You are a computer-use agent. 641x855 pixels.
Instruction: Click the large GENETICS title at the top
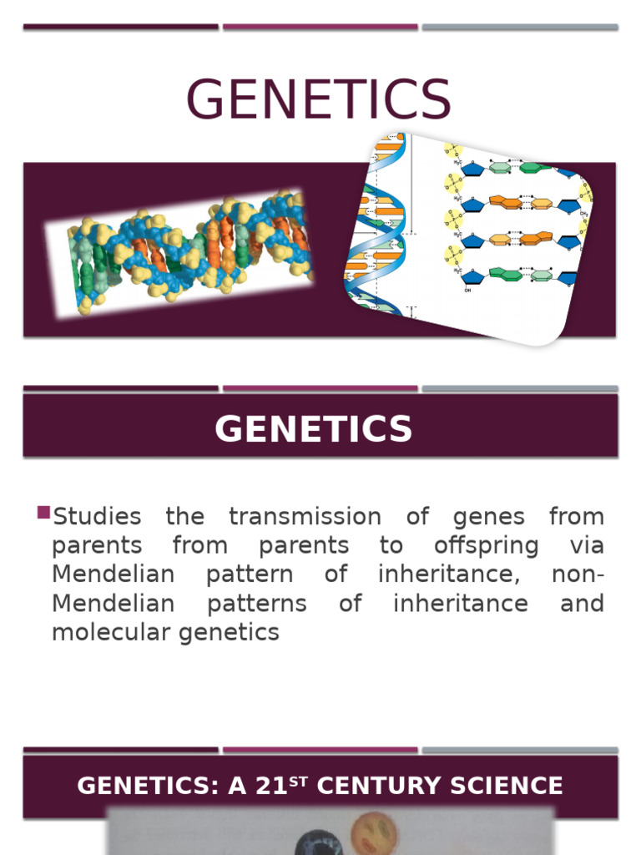pos(318,99)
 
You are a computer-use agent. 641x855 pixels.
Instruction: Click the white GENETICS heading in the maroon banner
pos(314,429)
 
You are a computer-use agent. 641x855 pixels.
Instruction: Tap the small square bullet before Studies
pos(44,512)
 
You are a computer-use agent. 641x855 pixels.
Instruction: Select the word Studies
pos(97,517)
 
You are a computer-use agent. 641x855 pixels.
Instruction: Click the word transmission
pos(305,517)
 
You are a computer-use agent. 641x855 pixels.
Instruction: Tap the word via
pos(588,546)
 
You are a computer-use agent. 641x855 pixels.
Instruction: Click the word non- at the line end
pos(578,574)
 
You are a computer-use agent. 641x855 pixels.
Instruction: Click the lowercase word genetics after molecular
pos(227,634)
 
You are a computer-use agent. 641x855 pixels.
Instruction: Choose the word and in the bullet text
pos(582,603)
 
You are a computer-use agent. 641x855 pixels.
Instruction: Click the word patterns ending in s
pos(256,604)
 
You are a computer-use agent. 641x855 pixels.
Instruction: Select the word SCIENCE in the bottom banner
pos(514,786)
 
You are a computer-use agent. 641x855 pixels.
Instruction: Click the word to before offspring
pos(391,546)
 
